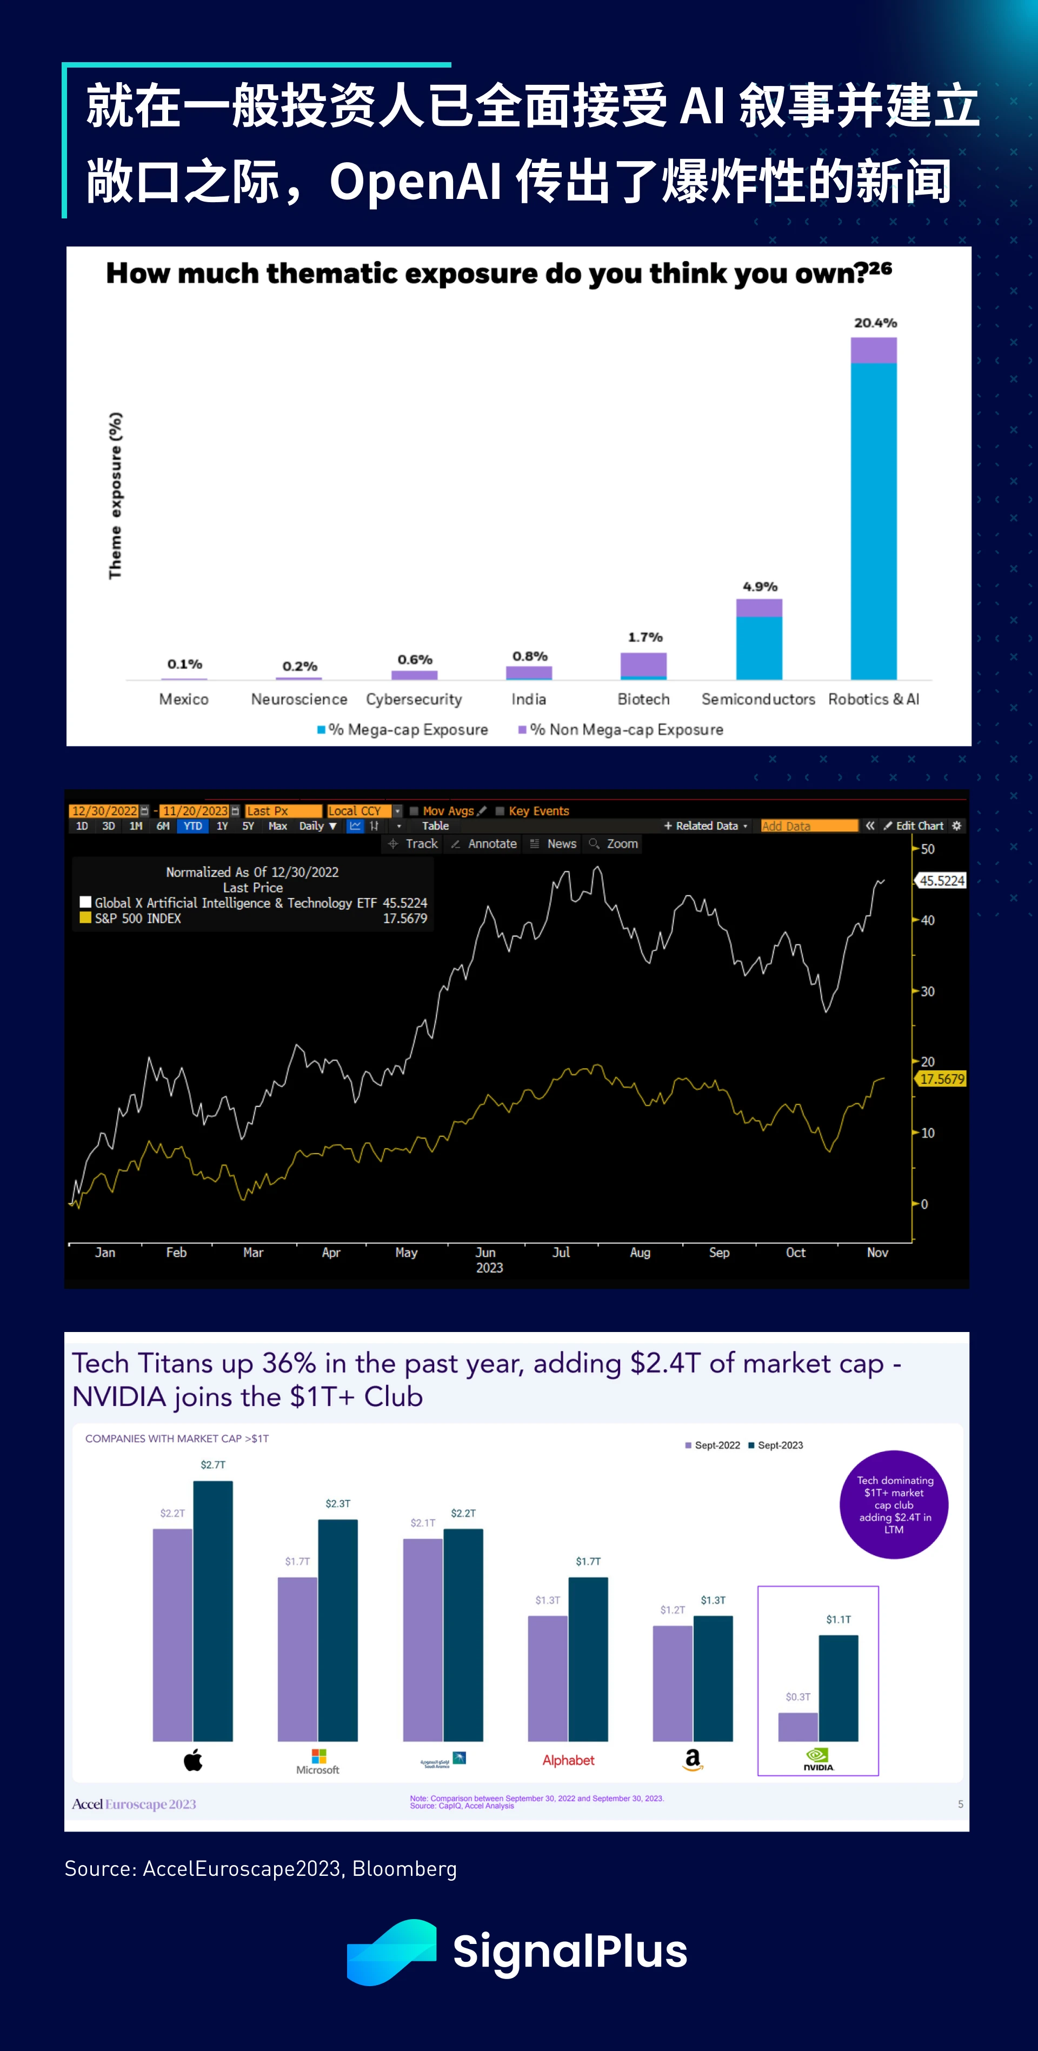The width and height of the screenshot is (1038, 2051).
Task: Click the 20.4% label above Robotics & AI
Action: pos(875,322)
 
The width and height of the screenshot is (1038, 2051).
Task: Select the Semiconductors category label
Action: pos(758,699)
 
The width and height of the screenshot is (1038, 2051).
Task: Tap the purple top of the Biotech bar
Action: pos(643,663)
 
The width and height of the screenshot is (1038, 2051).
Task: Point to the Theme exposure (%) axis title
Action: pos(115,495)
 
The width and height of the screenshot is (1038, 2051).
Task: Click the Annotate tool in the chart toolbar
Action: pos(485,844)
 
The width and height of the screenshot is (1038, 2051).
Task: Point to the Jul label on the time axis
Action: pos(561,1253)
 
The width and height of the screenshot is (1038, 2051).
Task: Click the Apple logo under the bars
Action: pos(192,1760)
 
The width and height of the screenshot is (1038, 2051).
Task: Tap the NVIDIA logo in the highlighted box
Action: pos(817,1759)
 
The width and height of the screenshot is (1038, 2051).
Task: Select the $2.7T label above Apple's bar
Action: pos(212,1465)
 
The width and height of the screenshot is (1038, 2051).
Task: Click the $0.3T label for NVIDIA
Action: pos(797,1697)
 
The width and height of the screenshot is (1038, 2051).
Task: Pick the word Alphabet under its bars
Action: pos(568,1760)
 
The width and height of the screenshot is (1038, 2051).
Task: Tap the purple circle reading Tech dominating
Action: pos(894,1504)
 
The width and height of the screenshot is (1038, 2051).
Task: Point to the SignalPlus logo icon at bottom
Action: pos(391,1952)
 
